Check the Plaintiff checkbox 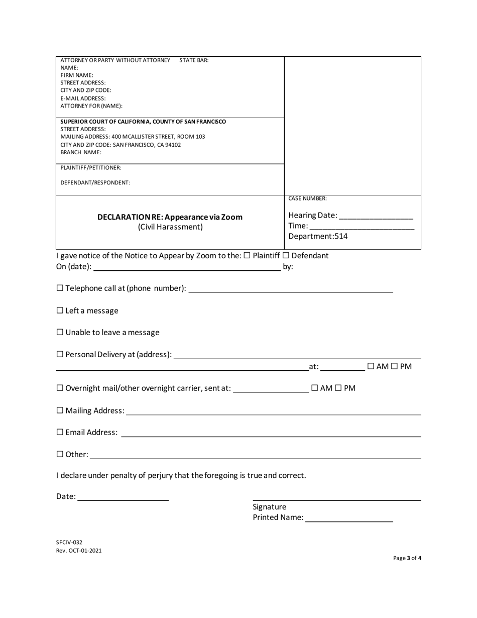click(247, 256)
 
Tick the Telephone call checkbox click(60, 288)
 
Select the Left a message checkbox click(60, 311)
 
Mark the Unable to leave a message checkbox click(60, 332)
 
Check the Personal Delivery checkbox click(60, 354)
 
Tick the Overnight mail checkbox click(60, 388)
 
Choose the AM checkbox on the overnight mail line click(314, 388)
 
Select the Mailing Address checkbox click(60, 410)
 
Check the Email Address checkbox click(60, 432)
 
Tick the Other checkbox click(60, 454)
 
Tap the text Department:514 click(318, 236)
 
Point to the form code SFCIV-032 click(69, 542)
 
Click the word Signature click(270, 506)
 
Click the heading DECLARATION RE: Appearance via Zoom click(170, 217)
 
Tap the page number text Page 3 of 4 click(407, 558)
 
